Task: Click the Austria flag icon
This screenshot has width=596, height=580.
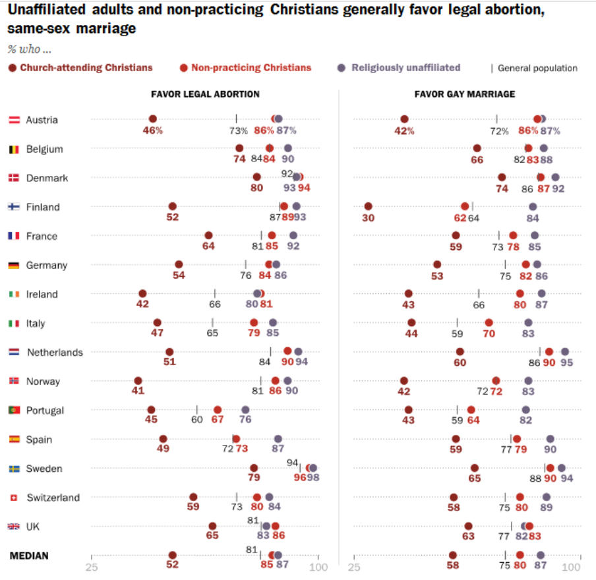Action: coord(13,120)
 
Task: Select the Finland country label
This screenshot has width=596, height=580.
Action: coord(43,207)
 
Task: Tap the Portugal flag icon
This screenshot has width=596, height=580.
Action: coord(13,410)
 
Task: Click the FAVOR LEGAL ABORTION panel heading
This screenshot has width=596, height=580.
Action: coord(206,94)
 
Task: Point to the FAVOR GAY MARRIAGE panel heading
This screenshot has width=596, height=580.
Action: coord(465,94)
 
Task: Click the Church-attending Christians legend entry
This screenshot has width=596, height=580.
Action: coord(80,67)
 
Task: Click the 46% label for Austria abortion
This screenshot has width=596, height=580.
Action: coord(152,130)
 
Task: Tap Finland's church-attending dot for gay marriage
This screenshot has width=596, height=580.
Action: coord(368,206)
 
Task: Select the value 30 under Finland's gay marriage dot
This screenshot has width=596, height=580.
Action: coord(368,217)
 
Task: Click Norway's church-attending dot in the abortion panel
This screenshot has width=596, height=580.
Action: coord(138,380)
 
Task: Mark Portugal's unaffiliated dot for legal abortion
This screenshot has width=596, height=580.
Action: coord(245,409)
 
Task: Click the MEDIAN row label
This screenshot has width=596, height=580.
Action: coord(29,556)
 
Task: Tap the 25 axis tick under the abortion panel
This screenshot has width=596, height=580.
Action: coord(92,567)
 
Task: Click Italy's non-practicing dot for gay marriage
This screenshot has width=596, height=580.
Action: coord(489,322)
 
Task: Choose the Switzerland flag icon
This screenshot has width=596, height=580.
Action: coord(13,498)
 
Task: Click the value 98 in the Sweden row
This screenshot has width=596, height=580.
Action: coord(314,478)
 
